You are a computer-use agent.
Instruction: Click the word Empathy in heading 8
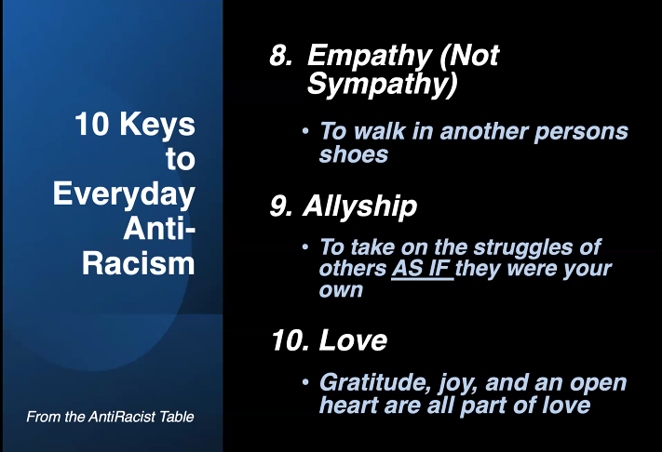364,57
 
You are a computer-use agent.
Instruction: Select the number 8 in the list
280,57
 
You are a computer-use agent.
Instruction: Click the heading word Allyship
359,207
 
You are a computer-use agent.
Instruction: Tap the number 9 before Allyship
280,207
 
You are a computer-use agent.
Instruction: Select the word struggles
516,248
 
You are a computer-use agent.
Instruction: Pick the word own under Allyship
341,290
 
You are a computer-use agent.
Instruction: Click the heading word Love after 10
353,341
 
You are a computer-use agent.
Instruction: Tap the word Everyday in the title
124,194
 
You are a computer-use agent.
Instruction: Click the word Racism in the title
139,262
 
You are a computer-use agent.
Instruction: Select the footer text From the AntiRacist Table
110,417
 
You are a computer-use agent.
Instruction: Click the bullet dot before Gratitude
305,381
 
